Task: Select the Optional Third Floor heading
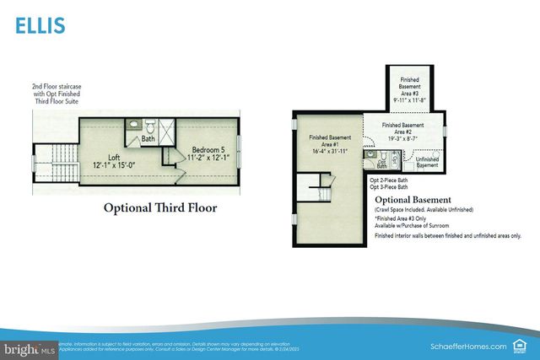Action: point(160,207)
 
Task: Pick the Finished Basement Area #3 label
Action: point(411,89)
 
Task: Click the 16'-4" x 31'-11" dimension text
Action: point(331,151)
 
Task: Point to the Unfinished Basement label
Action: point(427,162)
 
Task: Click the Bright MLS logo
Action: point(26,347)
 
